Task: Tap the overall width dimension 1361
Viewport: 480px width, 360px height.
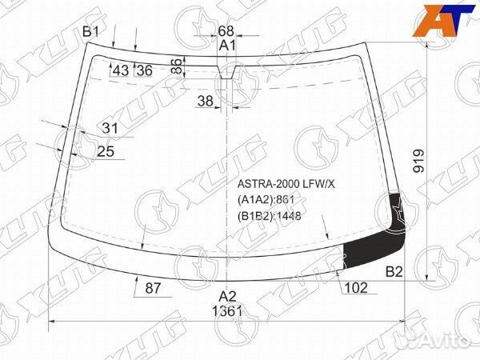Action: [x=228, y=311]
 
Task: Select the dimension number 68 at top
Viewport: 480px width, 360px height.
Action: [x=226, y=31]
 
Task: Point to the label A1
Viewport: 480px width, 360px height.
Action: [x=228, y=46]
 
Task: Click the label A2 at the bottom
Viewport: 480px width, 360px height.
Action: [x=228, y=296]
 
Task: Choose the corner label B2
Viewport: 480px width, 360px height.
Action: [x=394, y=272]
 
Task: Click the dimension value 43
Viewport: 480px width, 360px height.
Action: [x=121, y=70]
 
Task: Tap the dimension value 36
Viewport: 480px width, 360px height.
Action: [x=144, y=70]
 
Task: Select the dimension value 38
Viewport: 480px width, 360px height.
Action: [x=205, y=101]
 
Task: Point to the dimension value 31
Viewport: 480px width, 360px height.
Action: [x=110, y=128]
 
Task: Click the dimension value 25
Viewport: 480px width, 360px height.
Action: [x=106, y=151]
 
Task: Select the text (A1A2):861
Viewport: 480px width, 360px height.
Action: [x=266, y=200]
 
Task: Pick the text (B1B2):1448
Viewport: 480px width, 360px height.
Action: [x=269, y=215]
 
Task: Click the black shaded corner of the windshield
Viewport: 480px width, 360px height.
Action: [x=376, y=244]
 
